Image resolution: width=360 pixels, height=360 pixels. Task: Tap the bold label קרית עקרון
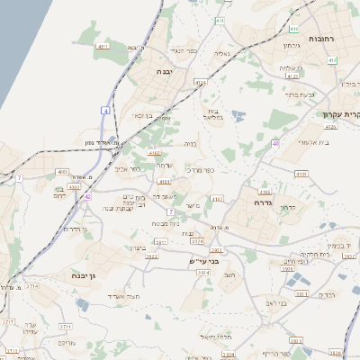tap(337, 115)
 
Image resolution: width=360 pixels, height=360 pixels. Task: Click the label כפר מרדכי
tap(199, 169)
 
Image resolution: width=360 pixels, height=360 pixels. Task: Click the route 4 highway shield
tap(105, 110)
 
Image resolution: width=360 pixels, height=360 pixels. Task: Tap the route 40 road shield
tap(274, 143)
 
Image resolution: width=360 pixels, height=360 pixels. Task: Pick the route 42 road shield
tap(87, 195)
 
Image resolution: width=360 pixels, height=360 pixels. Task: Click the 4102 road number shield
tap(154, 154)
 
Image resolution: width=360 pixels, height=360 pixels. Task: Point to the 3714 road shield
tap(31, 286)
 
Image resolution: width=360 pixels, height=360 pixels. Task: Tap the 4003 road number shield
tap(61, 171)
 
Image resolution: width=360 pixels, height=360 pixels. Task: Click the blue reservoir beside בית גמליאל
tap(238, 116)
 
